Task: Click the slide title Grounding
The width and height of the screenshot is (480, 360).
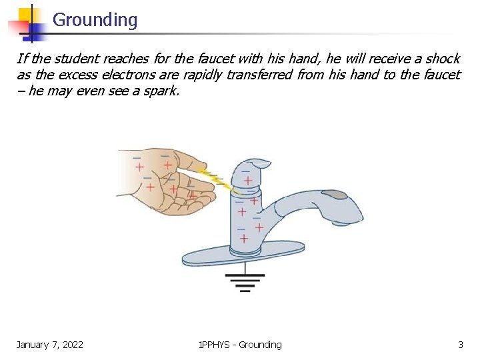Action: click(x=95, y=20)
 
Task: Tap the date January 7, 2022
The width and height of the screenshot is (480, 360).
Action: click(x=50, y=345)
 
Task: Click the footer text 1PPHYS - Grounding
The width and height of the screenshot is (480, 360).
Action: click(x=240, y=345)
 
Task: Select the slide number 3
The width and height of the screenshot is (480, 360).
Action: click(x=460, y=345)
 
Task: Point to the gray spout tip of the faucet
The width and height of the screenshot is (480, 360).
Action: click(x=334, y=195)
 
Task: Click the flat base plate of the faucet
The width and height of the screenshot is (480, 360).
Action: click(x=243, y=257)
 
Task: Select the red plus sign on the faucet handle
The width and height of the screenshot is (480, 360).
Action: click(x=248, y=181)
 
